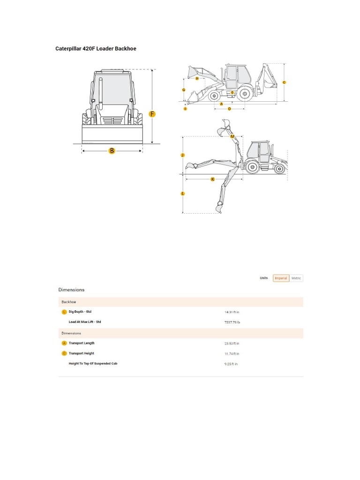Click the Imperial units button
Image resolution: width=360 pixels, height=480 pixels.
click(x=281, y=278)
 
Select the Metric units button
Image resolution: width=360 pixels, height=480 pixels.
click(x=296, y=278)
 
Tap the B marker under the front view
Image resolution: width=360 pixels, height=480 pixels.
click(x=112, y=150)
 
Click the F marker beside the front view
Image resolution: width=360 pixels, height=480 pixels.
click(x=152, y=114)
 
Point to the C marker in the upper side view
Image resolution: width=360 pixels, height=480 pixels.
click(x=284, y=82)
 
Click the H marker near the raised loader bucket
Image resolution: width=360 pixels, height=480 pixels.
click(x=197, y=79)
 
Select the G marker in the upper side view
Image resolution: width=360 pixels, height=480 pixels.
click(x=184, y=90)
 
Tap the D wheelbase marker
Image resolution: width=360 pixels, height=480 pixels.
click(x=229, y=109)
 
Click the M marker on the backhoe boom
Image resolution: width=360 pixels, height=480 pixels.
click(x=232, y=136)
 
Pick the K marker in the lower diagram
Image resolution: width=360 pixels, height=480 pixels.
click(x=213, y=179)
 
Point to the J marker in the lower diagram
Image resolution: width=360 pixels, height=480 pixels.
click(x=183, y=155)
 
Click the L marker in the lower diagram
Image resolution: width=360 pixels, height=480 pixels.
click(x=183, y=193)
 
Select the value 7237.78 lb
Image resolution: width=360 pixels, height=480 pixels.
click(x=232, y=322)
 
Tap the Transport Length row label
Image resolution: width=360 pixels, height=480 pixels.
click(x=82, y=343)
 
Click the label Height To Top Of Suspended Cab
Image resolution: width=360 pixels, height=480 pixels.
click(x=93, y=364)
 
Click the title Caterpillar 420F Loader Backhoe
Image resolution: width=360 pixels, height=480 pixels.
click(x=96, y=49)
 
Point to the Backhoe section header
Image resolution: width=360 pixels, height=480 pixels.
click(x=69, y=302)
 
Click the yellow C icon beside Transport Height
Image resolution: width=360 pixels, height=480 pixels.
click(x=64, y=353)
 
